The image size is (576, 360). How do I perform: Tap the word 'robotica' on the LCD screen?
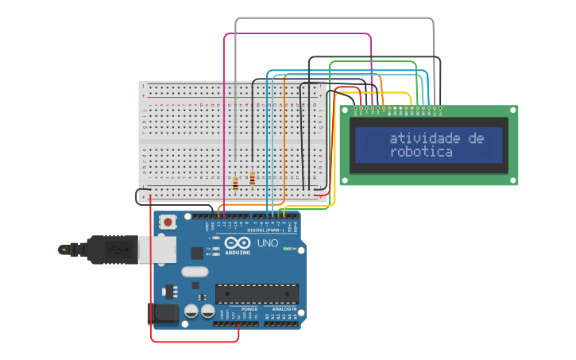420,152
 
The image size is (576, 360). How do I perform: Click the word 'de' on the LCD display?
476,138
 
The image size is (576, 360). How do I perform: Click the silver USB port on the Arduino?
157,250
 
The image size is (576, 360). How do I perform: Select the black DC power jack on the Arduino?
164,312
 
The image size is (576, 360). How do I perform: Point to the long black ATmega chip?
257,293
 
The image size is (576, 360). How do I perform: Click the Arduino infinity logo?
238,244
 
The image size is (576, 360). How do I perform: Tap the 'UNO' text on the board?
268,243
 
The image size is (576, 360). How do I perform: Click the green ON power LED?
284,249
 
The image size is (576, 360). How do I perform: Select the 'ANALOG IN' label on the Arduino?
284,308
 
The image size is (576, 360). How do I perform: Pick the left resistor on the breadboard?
235,184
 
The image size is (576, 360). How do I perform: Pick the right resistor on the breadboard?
252,179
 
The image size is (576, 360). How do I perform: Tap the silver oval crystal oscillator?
195,272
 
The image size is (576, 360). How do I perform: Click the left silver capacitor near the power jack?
191,312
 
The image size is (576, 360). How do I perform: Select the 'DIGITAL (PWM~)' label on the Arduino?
265,230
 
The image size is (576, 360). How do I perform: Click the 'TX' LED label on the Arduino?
207,248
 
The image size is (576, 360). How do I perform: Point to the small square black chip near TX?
197,253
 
